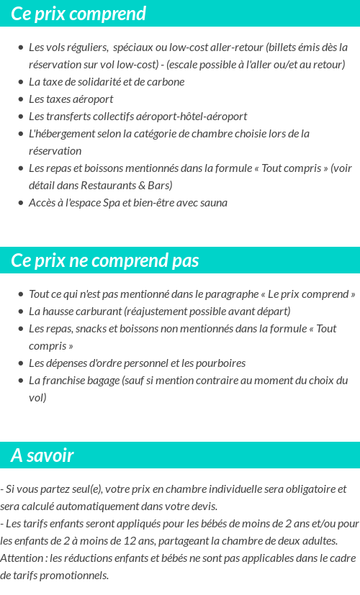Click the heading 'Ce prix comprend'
(x=78, y=14)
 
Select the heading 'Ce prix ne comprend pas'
(x=105, y=260)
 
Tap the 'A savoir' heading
(x=42, y=455)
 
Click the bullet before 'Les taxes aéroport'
(x=20, y=99)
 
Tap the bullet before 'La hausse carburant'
(x=20, y=312)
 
